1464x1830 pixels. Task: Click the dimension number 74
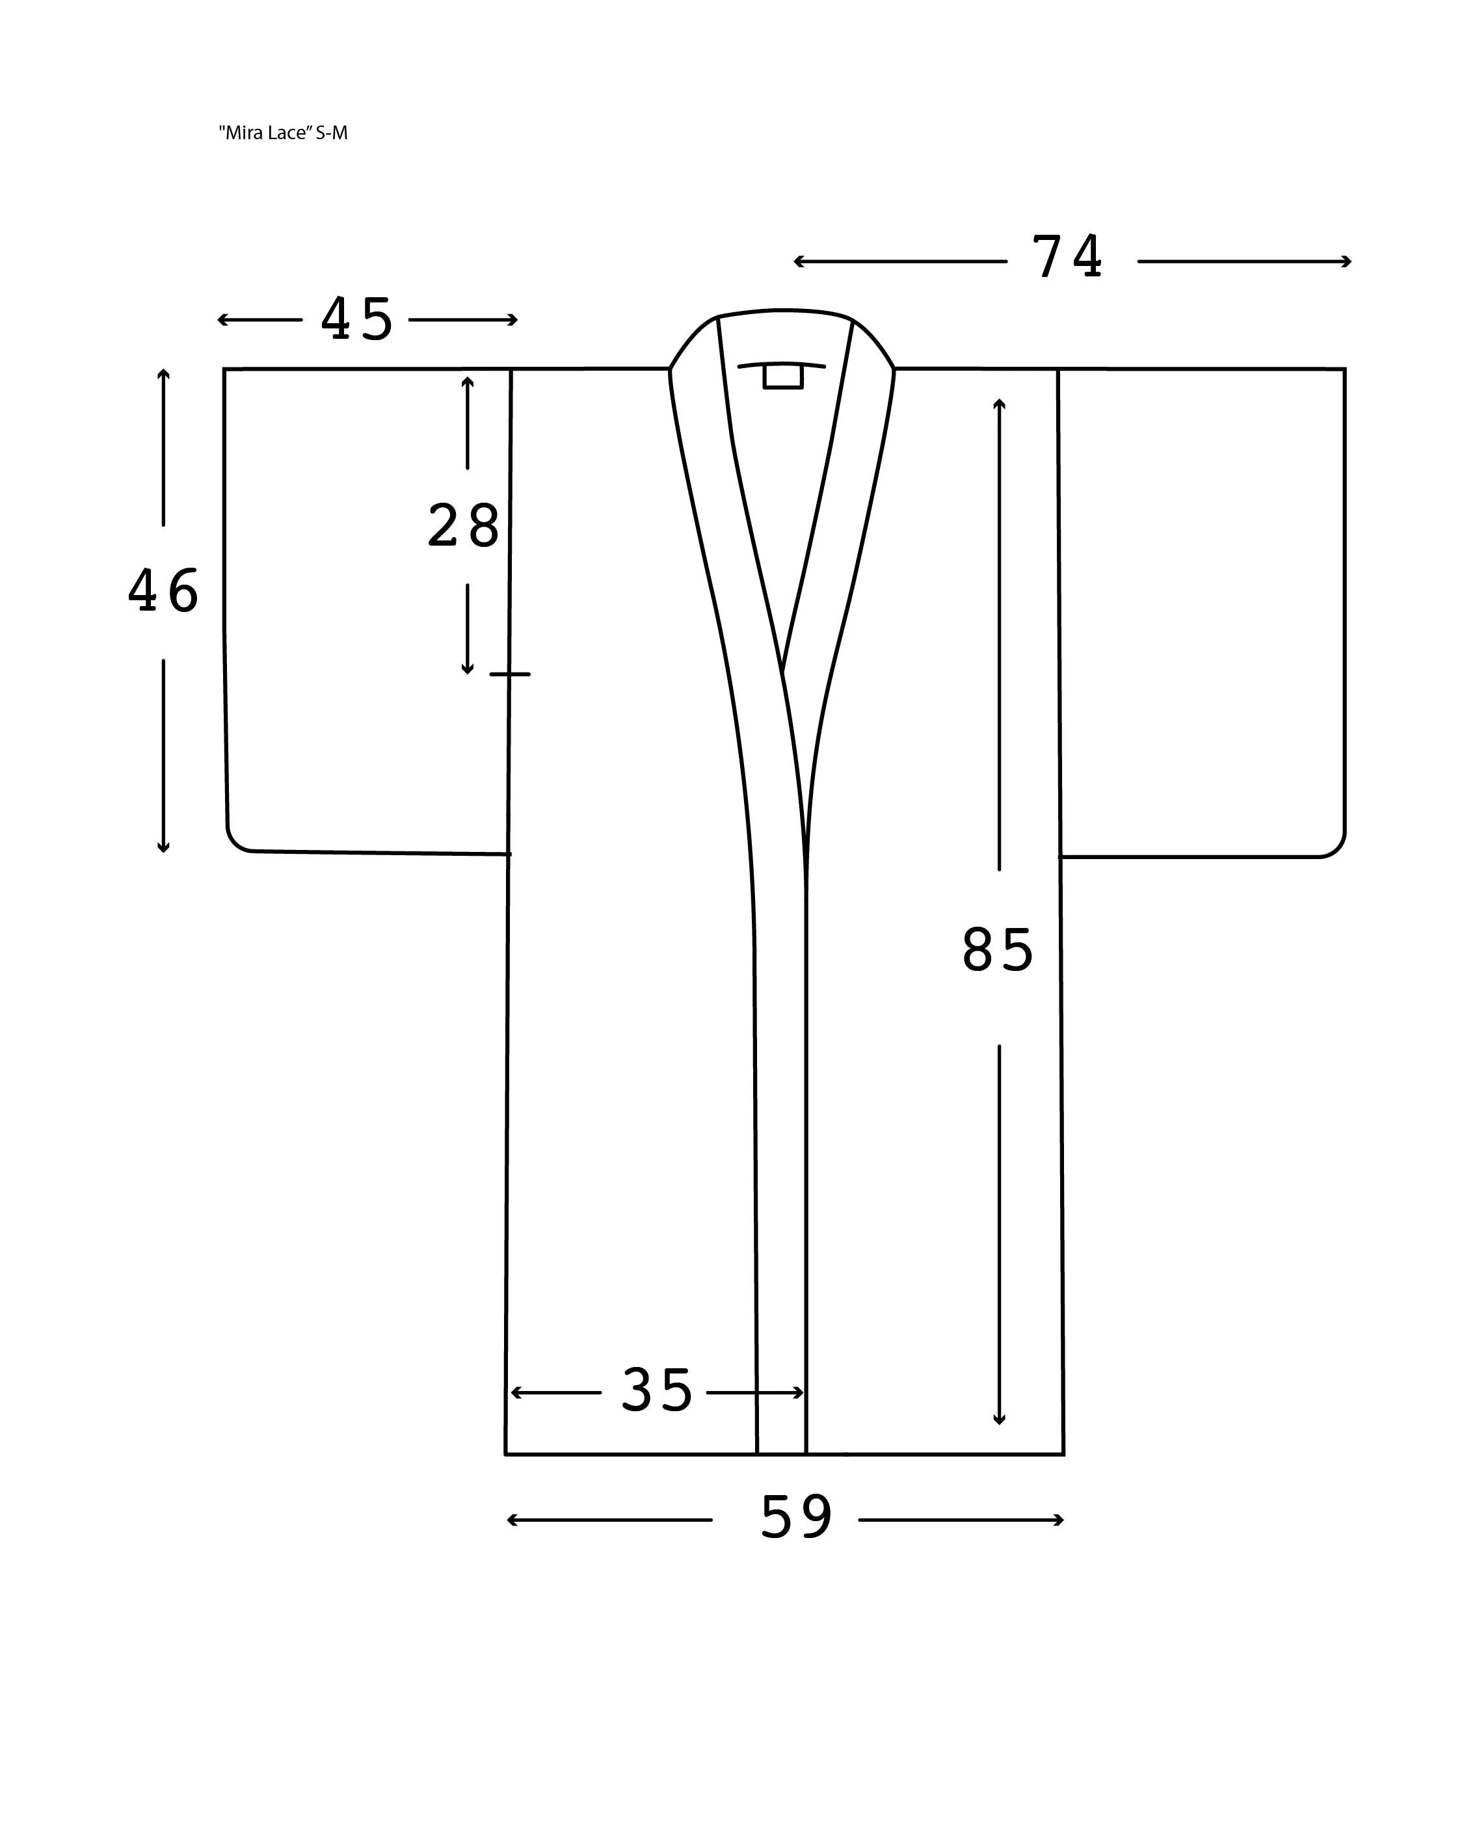pyautogui.click(x=1067, y=256)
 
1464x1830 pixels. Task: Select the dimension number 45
pyautogui.click(x=356, y=319)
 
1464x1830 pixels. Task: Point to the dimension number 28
pyautogui.click(x=463, y=525)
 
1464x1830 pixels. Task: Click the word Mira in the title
pyautogui.click(x=242, y=133)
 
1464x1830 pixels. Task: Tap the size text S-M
pyautogui.click(x=332, y=133)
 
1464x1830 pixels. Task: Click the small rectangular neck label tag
pyautogui.click(x=782, y=376)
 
